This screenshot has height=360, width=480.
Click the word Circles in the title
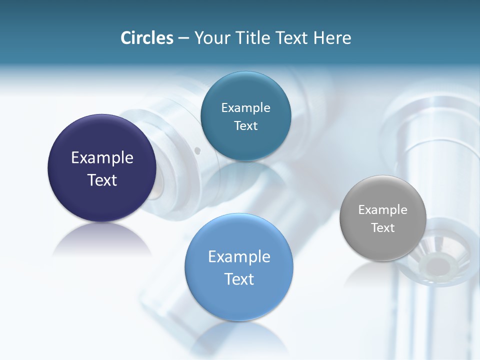(x=147, y=38)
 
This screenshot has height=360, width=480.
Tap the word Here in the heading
(x=332, y=38)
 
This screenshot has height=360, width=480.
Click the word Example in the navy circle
(x=102, y=158)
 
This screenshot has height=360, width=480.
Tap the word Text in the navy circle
(x=102, y=180)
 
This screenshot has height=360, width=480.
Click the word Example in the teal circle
(x=245, y=108)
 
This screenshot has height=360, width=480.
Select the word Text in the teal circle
(x=245, y=126)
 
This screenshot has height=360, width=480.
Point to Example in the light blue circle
(x=239, y=257)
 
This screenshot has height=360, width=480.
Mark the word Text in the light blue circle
(x=239, y=279)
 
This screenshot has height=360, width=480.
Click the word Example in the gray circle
(x=383, y=210)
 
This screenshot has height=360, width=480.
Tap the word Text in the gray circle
(x=383, y=228)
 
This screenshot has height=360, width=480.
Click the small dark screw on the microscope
(x=198, y=149)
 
